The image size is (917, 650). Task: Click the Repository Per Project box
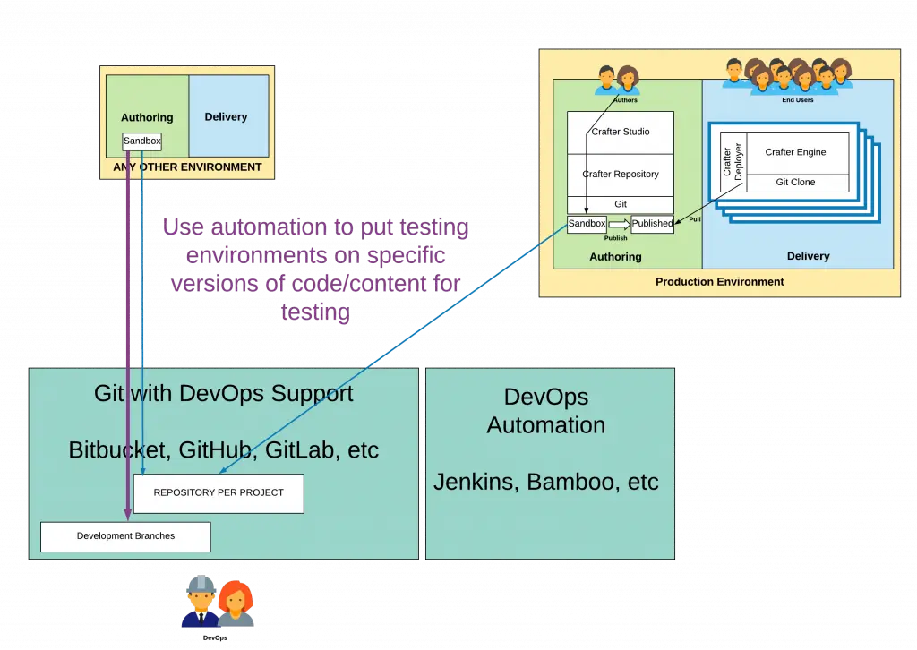tap(219, 493)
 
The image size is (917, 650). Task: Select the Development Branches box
tap(125, 536)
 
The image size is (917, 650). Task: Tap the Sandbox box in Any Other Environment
tap(141, 141)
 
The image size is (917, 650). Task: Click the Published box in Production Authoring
tap(652, 224)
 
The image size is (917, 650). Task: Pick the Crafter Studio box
tap(621, 133)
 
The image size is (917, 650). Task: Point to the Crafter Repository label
tap(621, 175)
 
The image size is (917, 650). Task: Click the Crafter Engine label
tap(795, 152)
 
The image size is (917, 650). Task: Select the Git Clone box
tap(795, 183)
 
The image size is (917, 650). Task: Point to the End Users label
tap(797, 100)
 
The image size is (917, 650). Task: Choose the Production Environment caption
tap(719, 282)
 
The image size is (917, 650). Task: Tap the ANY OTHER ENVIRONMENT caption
tap(187, 167)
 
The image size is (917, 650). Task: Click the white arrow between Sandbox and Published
tap(619, 224)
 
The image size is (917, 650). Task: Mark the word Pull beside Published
tap(694, 219)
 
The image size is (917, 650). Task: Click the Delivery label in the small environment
tap(226, 117)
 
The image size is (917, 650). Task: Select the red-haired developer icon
tap(236, 603)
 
